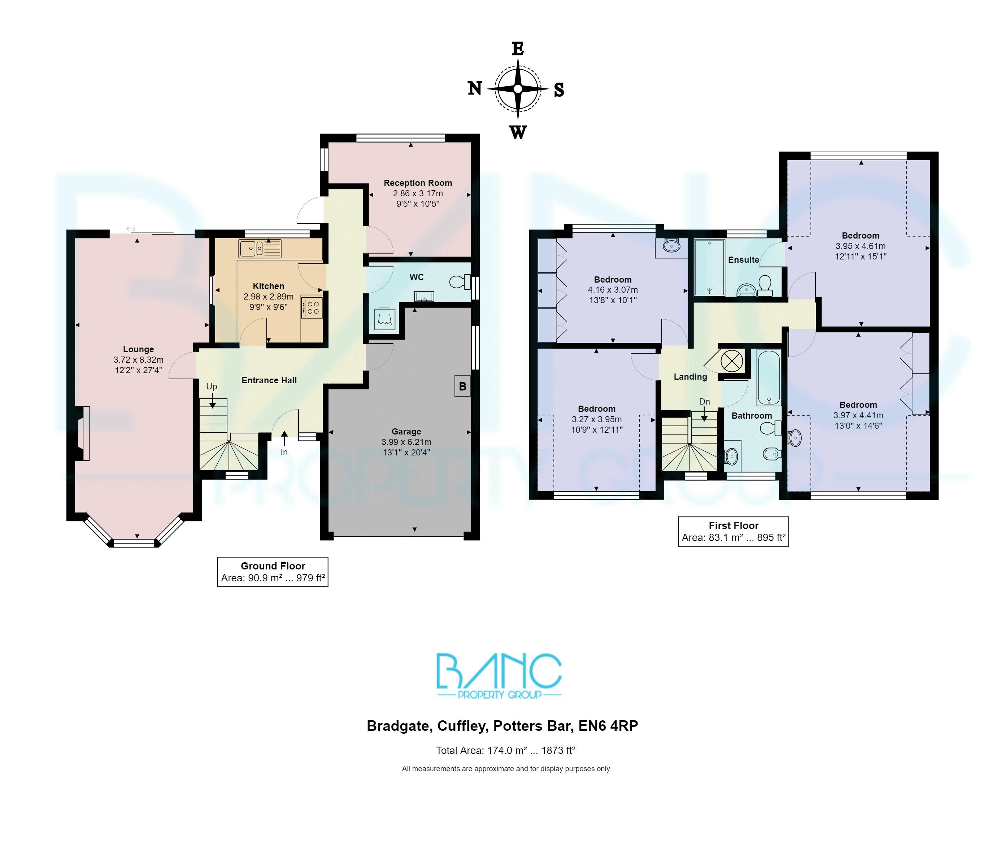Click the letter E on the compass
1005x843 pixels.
(517, 49)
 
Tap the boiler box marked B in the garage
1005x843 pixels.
(462, 386)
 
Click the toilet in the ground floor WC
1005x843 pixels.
(460, 282)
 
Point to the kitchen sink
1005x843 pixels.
(251, 249)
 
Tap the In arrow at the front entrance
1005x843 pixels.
(284, 438)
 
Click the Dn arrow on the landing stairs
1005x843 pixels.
(704, 414)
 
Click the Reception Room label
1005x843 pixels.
(417, 183)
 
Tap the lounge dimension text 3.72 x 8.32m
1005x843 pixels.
(138, 360)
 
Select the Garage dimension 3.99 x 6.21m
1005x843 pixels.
(406, 442)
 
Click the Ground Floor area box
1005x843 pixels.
(273, 572)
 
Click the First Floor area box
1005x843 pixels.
(733, 532)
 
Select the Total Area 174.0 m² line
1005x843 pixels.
(505, 750)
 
